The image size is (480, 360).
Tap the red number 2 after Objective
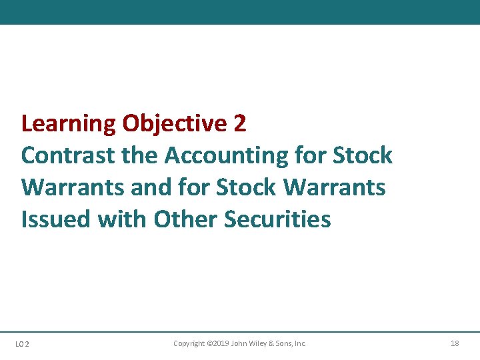point(240,123)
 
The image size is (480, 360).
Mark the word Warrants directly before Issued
point(334,187)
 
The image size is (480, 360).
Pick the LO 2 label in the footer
point(22,344)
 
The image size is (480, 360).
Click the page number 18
point(455,343)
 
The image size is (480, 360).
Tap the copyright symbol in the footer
point(209,343)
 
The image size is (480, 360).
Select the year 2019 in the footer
point(221,343)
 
